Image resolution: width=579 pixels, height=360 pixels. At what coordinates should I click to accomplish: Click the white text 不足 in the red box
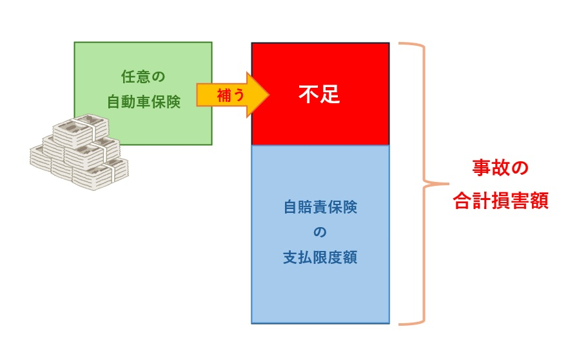point(319,95)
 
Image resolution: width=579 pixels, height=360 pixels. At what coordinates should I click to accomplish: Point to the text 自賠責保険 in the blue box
point(320,208)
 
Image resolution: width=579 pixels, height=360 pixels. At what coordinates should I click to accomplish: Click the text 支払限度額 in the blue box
point(320,258)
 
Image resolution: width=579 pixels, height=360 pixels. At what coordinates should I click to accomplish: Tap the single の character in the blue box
point(320,233)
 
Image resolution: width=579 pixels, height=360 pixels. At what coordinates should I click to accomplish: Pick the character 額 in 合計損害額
point(538,201)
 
